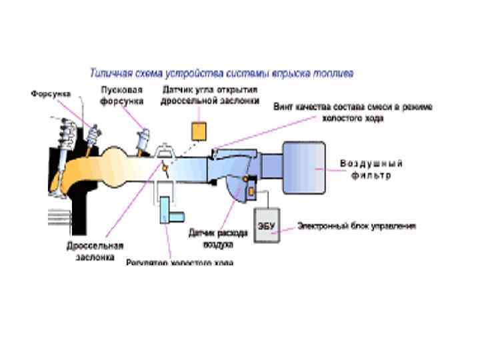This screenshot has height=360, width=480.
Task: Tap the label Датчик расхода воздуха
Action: [x=218, y=237]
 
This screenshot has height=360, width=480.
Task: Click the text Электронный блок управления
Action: [x=357, y=226]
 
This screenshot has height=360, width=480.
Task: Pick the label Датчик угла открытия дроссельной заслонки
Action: [x=209, y=95]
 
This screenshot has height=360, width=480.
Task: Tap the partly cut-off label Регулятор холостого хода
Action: [x=180, y=263]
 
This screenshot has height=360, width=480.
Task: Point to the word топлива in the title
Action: [x=336, y=71]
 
